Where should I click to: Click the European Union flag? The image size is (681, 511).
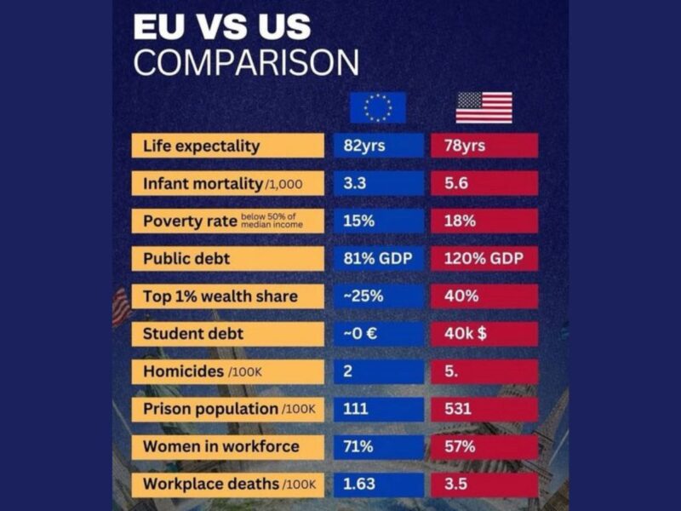point(378,107)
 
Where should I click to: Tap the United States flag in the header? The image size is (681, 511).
point(484,107)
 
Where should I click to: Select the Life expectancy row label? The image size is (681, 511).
point(227,146)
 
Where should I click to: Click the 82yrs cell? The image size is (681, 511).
point(378,146)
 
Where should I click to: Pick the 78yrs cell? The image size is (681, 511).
point(484,146)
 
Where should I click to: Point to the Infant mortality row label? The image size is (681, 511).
point(227,183)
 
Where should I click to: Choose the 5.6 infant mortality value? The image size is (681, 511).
point(484,183)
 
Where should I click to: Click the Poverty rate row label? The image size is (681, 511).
point(227,221)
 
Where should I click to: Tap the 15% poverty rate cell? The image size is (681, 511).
point(378,221)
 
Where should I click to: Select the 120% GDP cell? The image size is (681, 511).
point(484,259)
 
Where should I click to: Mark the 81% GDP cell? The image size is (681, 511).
point(378,259)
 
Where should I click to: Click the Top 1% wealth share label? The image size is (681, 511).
point(227,296)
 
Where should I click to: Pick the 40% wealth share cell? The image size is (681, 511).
point(484,296)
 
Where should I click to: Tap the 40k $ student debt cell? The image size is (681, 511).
point(484,334)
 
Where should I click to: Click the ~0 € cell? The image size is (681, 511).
point(378,334)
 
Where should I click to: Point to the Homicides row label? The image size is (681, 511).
point(227,371)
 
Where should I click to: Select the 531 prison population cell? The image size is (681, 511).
point(484,409)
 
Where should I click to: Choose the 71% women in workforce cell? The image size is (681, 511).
point(378,446)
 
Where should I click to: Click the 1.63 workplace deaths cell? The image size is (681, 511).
point(378,485)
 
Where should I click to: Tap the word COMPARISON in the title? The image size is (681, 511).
point(246,63)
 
